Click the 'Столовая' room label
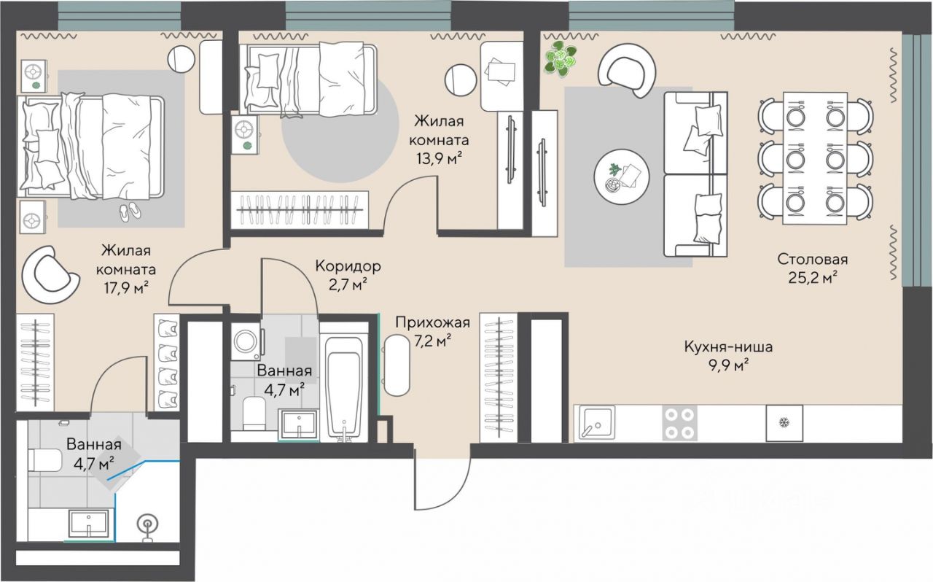point(813,260)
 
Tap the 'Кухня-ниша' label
point(728,347)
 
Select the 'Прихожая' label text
point(433,322)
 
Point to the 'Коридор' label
point(348,266)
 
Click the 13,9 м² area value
point(439,158)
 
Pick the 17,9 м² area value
point(126,288)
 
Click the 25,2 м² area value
point(813,278)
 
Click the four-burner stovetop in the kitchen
point(679,423)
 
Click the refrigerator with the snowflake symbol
point(784,423)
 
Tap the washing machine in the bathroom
point(247,342)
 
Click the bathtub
point(344,388)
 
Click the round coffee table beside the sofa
point(622,176)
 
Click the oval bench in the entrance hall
point(397,365)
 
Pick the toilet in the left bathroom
point(45,460)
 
